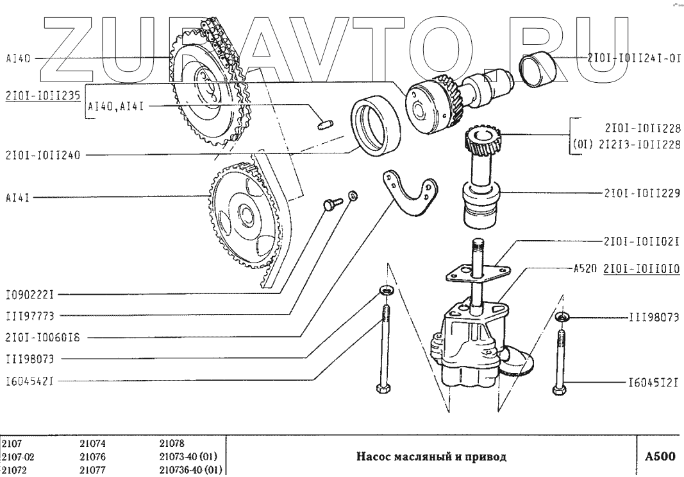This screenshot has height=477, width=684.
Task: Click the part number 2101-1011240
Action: (43, 154)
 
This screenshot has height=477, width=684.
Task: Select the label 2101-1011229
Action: (641, 192)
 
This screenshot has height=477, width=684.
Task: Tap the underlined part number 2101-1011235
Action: (42, 95)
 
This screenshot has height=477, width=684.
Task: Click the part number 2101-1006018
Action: (43, 336)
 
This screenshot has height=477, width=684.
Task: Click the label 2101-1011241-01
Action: (633, 57)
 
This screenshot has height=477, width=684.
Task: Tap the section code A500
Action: (660, 457)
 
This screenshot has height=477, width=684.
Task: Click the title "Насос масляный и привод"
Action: (430, 457)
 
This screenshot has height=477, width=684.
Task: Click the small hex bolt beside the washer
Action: (330, 204)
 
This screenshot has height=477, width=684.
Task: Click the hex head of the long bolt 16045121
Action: (559, 390)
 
